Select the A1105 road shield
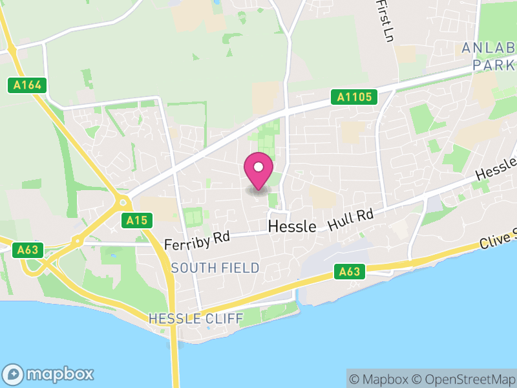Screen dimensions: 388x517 point(354,97)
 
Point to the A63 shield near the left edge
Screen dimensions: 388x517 point(27,250)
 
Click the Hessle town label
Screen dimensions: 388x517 point(291,226)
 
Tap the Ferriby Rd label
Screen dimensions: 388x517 point(197,241)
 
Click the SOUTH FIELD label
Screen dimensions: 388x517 point(215,268)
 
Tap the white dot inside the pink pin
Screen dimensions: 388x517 point(258,167)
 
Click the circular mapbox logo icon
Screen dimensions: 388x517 point(14,374)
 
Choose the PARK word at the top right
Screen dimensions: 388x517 point(493,65)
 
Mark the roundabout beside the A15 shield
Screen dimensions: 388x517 point(123,202)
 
